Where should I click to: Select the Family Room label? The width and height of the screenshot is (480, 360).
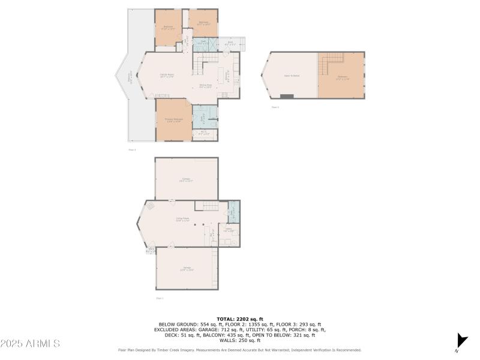[x=167, y=75]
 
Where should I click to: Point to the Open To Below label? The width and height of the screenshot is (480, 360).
[x=292, y=76]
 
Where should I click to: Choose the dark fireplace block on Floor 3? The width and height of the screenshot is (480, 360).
[x=287, y=96]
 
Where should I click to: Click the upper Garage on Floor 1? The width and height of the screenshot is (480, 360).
[x=187, y=178]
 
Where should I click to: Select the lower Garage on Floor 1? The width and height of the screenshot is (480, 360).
[x=187, y=269]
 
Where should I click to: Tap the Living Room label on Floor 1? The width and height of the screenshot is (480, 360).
[x=182, y=219]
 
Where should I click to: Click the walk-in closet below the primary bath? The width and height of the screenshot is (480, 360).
[x=204, y=134]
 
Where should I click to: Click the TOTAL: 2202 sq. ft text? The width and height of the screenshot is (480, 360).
[x=239, y=319]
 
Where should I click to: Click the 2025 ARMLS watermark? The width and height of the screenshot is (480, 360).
[x=30, y=344]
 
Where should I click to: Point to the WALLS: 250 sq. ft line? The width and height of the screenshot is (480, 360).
[x=239, y=340]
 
